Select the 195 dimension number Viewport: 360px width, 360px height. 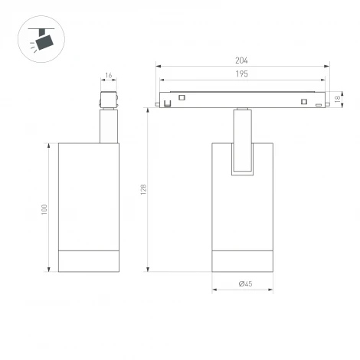(242, 74)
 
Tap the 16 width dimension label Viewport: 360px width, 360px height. (108, 76)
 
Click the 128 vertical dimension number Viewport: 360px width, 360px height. (143, 189)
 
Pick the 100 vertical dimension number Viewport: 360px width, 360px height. (44, 208)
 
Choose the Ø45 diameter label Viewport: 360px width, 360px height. (245, 284)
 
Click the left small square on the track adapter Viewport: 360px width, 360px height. (182, 97)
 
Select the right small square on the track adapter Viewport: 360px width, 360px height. (304, 102)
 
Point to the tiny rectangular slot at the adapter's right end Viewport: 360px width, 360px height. (317, 105)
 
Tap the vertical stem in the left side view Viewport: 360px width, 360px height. (108, 126)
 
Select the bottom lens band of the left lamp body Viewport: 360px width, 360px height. (90, 260)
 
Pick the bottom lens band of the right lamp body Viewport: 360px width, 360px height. (242, 260)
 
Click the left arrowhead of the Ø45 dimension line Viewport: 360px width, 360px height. (214, 290)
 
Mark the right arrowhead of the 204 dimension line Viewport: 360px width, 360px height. (327, 67)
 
